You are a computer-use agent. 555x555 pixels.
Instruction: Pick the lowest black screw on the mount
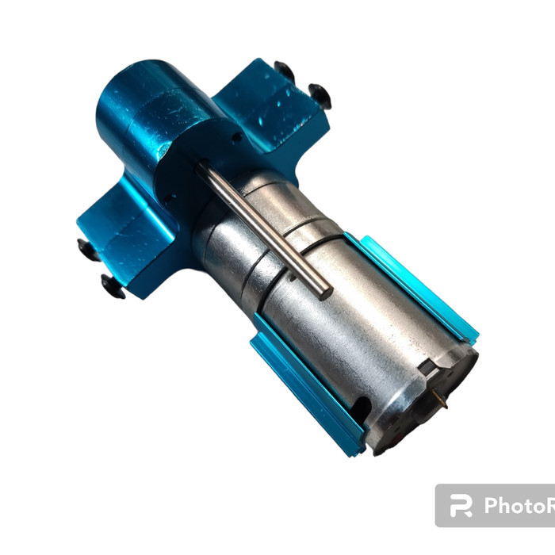coord(113,286)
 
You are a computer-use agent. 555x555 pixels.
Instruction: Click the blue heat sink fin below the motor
coord(305,392)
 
